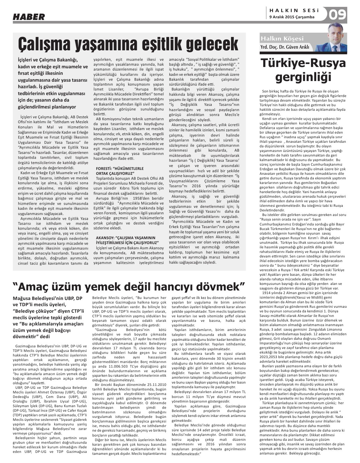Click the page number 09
click(x=337, y=15)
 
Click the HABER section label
click(x=29, y=17)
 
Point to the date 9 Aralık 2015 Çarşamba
click(x=292, y=17)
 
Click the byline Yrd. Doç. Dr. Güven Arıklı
click(x=285, y=47)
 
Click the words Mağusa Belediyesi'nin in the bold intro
click(x=37, y=298)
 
